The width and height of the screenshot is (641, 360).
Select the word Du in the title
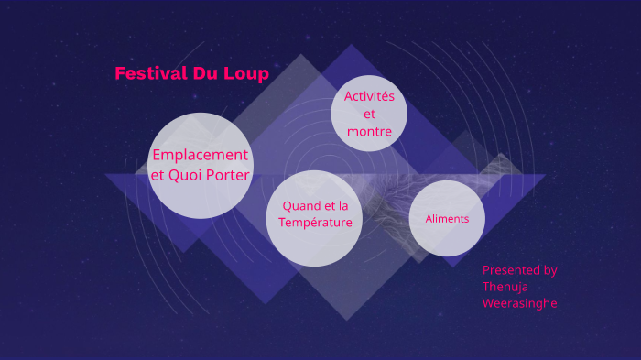click(x=204, y=74)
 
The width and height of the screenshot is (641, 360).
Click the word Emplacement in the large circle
click(x=200, y=155)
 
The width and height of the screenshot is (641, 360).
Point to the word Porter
click(x=228, y=175)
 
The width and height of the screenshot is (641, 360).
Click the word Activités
click(x=369, y=96)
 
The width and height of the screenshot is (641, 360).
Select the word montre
click(x=369, y=132)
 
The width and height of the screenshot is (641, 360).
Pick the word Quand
click(x=300, y=206)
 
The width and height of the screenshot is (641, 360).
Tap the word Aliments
click(x=447, y=219)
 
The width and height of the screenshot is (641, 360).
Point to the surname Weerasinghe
click(x=519, y=303)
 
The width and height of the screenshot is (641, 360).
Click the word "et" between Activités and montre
click(x=369, y=115)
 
